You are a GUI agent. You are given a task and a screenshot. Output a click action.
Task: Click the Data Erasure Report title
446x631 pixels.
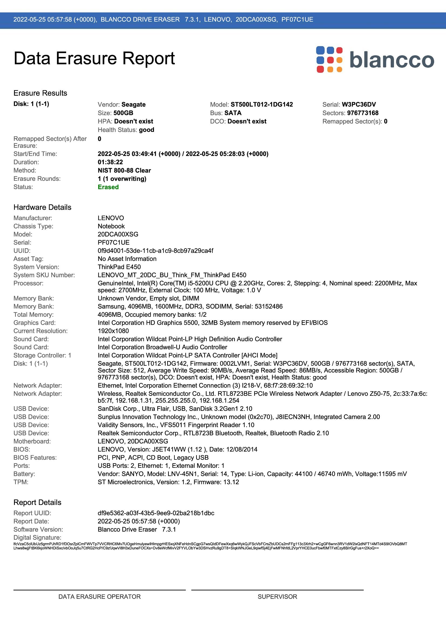click(x=94, y=58)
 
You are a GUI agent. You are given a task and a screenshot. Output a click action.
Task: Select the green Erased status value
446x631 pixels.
click(x=108, y=187)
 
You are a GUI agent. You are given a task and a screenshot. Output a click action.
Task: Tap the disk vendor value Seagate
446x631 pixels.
click(x=133, y=104)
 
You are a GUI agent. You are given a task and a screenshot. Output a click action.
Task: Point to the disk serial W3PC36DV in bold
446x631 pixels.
click(x=359, y=104)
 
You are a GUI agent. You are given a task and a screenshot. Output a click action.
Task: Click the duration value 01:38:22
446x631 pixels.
click(x=110, y=162)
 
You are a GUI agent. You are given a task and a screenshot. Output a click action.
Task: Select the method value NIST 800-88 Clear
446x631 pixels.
click(x=124, y=170)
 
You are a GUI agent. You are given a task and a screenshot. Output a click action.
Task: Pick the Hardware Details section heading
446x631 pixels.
click(x=42, y=207)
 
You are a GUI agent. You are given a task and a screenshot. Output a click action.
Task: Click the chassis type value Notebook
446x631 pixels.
click(x=111, y=226)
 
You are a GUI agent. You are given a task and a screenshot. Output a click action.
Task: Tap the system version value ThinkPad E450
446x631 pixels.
click(x=119, y=267)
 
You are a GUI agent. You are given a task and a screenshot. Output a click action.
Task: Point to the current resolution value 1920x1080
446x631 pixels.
click(x=113, y=331)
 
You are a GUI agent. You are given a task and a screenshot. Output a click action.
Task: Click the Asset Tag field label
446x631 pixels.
click(x=28, y=259)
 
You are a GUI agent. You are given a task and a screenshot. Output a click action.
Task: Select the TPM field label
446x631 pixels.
click(x=21, y=482)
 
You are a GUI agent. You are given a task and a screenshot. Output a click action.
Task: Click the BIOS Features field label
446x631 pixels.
click(x=35, y=458)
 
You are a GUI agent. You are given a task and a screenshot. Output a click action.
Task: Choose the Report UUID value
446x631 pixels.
click(x=156, y=513)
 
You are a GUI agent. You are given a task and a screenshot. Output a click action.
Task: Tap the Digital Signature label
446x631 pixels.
click(x=37, y=538)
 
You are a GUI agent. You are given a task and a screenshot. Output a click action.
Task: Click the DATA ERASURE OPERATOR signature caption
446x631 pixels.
click(x=100, y=597)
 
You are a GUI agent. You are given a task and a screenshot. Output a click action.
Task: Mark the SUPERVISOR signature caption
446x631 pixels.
click(x=277, y=597)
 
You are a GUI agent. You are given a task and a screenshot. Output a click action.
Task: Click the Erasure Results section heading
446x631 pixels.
click(x=40, y=93)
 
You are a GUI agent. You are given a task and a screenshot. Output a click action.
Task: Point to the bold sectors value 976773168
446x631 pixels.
click(x=362, y=113)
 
